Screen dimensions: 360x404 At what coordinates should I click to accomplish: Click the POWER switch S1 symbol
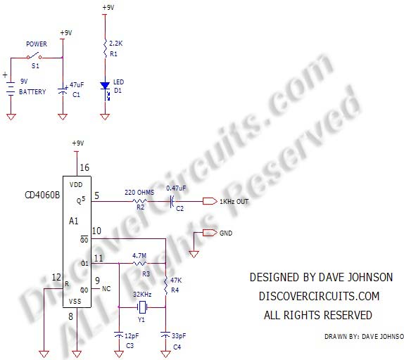34,57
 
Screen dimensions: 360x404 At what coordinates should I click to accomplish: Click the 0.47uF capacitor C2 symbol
172,202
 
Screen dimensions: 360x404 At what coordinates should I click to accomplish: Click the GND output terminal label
225,233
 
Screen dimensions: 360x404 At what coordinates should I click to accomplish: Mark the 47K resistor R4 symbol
165,285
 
